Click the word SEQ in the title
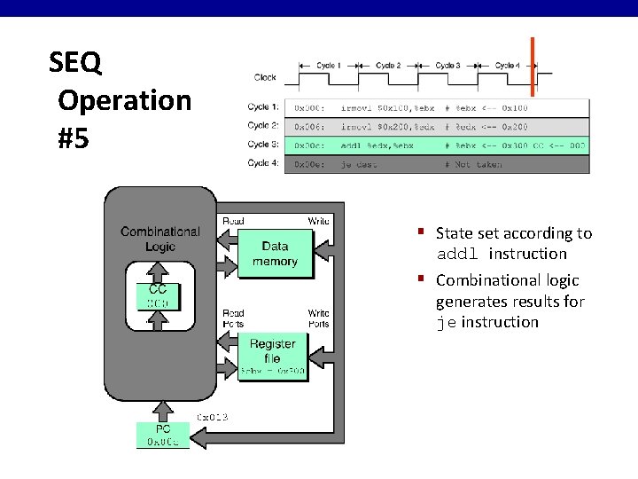coord(75,63)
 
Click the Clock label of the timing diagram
coord(265,77)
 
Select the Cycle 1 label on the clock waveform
coord(328,66)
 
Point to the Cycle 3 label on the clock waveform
coord(447,66)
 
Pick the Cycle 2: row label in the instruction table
coord(264,126)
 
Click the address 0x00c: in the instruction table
coord(309,145)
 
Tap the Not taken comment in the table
coord(478,164)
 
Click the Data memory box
coord(275,254)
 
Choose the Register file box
coord(273,351)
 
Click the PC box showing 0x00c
coord(162,435)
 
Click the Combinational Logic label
coord(160,239)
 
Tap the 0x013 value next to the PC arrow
coord(213,416)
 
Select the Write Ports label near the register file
coord(319,318)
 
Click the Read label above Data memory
coord(234,221)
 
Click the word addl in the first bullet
coord(458,255)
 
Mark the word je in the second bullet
coord(446,323)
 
